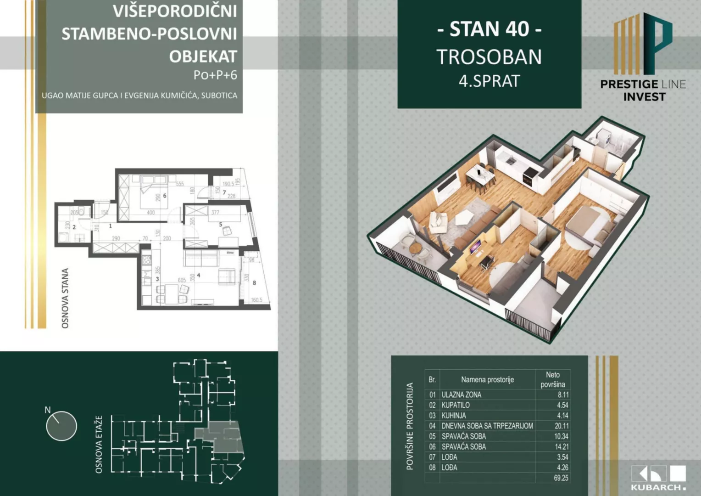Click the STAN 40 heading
(489, 29)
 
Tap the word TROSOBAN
(489, 57)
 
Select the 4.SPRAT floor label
(489, 81)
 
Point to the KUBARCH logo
(658, 478)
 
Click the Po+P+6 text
(215, 75)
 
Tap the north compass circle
(61, 426)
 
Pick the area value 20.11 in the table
(562, 426)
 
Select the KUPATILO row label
(456, 405)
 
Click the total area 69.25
(561, 478)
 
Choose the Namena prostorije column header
(487, 380)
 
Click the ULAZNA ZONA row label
(461, 395)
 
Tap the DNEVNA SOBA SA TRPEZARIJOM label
(487, 426)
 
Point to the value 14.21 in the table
(562, 446)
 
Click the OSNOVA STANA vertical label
(65, 299)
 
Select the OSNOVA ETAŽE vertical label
(99, 445)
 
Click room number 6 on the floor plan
(165, 196)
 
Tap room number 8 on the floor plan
(254, 283)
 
